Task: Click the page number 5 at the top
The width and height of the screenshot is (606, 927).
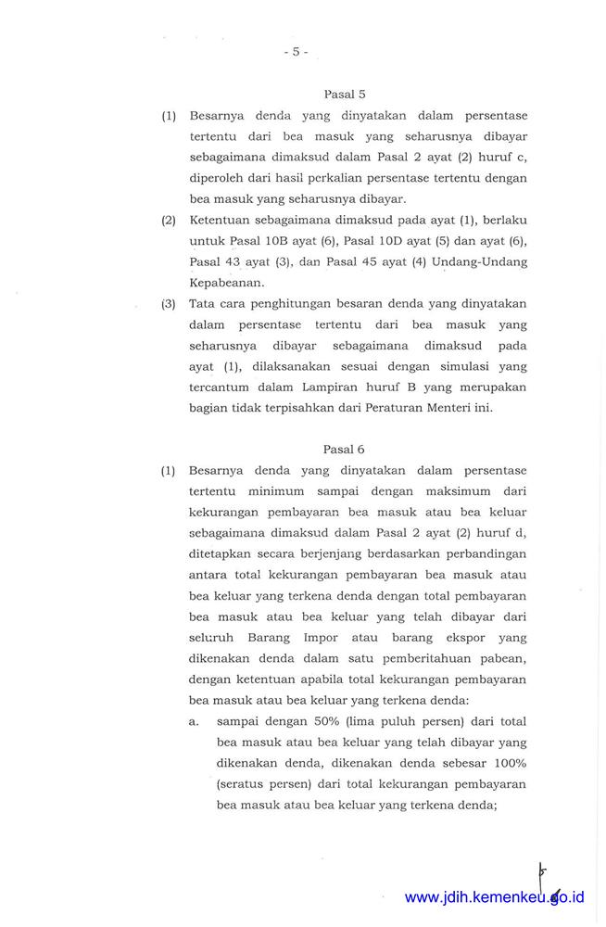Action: tap(296, 52)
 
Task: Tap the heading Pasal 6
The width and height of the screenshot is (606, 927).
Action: tap(344, 449)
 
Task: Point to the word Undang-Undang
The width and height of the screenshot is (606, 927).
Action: tap(479, 261)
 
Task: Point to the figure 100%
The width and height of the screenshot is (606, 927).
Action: tap(507, 762)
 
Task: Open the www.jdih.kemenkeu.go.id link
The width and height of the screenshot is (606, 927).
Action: tap(495, 897)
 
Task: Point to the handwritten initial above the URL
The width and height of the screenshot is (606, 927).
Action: tap(542, 874)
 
